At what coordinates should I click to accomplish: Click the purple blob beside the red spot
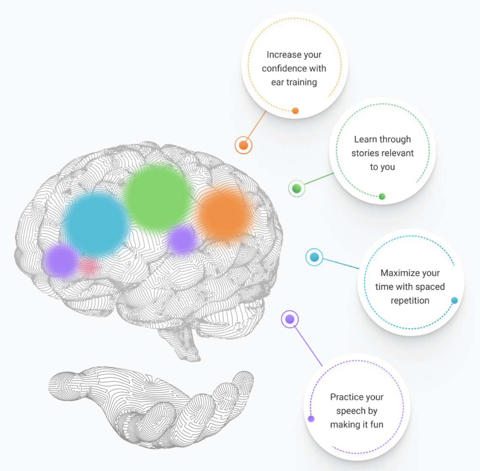[61, 259]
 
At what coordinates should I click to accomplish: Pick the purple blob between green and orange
[182, 240]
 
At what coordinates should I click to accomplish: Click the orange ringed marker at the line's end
[243, 145]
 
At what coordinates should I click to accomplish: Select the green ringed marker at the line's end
[296, 188]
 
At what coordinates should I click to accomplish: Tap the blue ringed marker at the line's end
[314, 257]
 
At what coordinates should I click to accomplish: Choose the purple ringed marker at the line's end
[290, 319]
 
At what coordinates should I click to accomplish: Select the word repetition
[410, 301]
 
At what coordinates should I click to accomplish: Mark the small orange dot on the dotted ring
[295, 111]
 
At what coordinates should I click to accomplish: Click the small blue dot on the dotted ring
[455, 300]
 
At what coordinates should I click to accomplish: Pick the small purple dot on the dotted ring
[311, 419]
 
